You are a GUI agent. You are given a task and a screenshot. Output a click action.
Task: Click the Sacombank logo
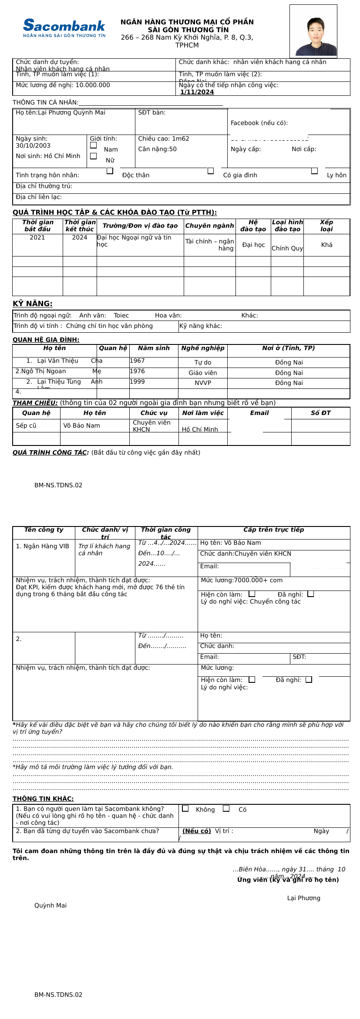tap(64, 28)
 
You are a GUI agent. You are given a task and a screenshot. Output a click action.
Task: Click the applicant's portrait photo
tap(313, 31)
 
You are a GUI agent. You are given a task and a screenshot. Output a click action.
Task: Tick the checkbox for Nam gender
tap(93, 145)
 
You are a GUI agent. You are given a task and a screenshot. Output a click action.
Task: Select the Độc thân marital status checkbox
tap(110, 171)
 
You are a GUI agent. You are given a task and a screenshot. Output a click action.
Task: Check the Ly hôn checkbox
tap(314, 171)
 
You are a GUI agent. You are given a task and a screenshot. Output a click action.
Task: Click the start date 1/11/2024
tap(197, 92)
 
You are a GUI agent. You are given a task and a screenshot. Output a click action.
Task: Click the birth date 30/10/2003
tap(33, 146)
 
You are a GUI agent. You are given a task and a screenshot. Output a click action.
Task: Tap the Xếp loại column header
tap(326, 226)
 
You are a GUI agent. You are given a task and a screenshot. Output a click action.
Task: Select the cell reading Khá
tap(326, 245)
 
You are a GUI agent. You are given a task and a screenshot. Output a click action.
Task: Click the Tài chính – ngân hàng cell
tap(210, 245)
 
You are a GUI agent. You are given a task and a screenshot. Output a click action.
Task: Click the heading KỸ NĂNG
tap(33, 304)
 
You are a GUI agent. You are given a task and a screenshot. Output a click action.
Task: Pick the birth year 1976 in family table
tap(137, 371)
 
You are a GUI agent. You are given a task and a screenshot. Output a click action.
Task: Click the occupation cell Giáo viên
tap(203, 373)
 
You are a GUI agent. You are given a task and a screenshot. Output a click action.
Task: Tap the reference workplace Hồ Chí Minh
tap(200, 430)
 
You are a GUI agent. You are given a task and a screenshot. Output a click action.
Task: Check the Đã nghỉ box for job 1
tap(310, 594)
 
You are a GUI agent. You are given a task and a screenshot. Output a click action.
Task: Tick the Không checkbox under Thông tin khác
tap(185, 809)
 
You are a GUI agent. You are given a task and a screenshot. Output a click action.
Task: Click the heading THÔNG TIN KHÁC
tap(43, 799)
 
